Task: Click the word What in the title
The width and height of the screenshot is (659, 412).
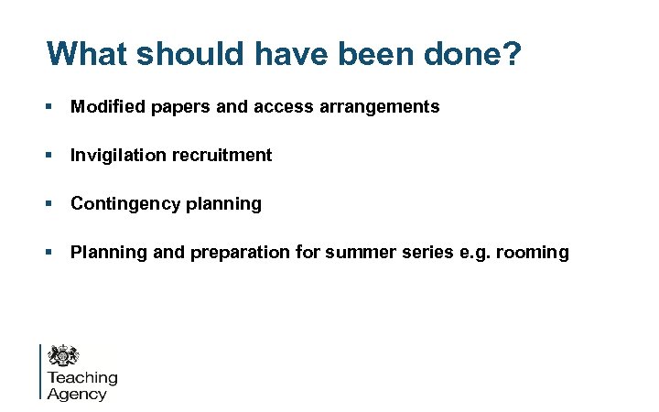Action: click(x=90, y=53)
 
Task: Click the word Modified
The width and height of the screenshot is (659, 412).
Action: click(x=106, y=107)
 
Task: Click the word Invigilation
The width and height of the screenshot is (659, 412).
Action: click(x=116, y=156)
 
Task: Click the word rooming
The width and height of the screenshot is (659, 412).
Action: click(x=535, y=253)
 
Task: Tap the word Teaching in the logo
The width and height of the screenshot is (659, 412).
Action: click(x=82, y=378)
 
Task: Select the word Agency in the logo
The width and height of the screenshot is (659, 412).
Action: click(x=77, y=395)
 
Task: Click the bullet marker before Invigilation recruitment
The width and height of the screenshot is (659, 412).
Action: click(x=51, y=156)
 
